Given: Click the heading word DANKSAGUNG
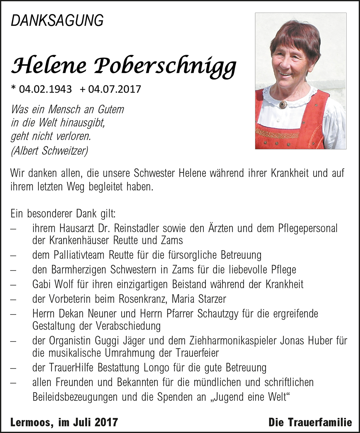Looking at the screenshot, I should coord(57,21).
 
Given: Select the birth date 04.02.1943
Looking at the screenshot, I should coord(45,89).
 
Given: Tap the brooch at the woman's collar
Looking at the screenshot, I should coord(283,104).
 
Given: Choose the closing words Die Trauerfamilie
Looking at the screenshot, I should coord(310,422).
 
